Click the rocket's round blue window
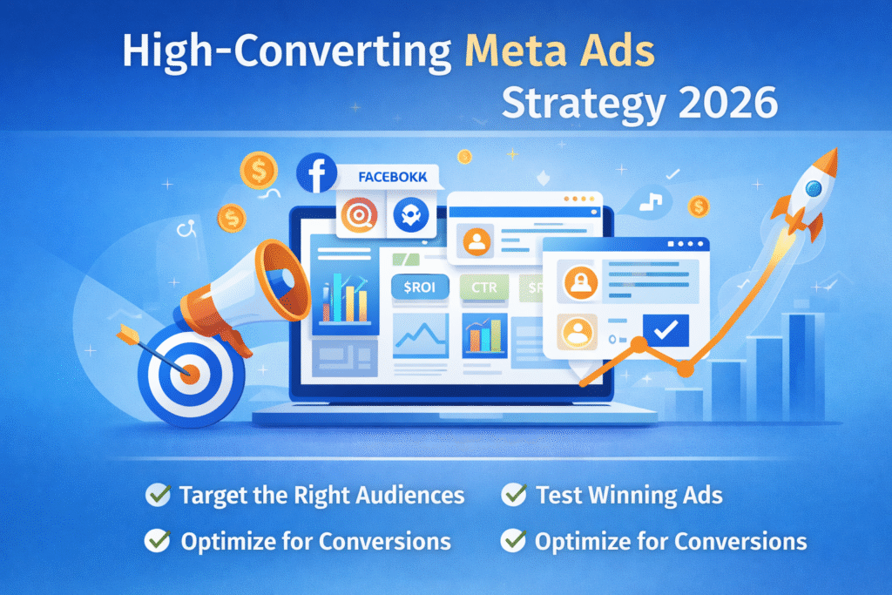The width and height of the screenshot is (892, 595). pyautogui.click(x=814, y=188)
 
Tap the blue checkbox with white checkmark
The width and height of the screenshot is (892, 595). pyautogui.click(x=666, y=329)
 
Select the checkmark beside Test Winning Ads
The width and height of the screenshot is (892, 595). pyautogui.click(x=515, y=495)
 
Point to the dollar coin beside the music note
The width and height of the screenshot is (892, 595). pyautogui.click(x=698, y=206)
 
